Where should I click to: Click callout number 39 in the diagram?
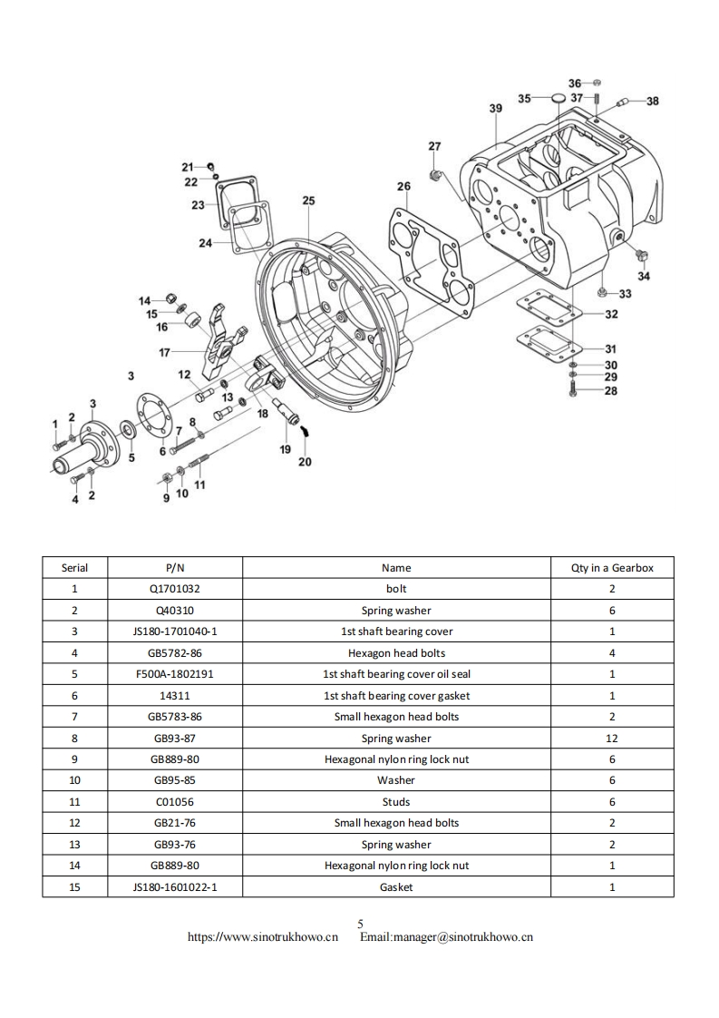point(495,108)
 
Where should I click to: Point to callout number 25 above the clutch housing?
point(308,200)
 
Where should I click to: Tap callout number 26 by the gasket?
point(403,186)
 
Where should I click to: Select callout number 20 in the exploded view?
point(305,461)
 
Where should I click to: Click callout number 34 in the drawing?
point(644,276)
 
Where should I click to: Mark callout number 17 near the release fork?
point(164,351)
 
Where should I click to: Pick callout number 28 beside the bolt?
point(611,391)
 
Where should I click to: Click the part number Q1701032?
point(175,589)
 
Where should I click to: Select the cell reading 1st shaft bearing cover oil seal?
point(396,674)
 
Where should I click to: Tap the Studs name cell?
point(396,802)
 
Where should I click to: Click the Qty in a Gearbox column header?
point(611,568)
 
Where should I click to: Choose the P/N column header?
point(175,568)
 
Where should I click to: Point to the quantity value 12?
point(611,739)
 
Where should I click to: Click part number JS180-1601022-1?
point(175,887)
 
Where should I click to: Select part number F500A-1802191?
point(175,674)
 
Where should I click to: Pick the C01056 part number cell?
point(175,802)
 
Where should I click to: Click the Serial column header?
point(74,568)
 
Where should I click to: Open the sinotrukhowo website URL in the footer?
point(263,937)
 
